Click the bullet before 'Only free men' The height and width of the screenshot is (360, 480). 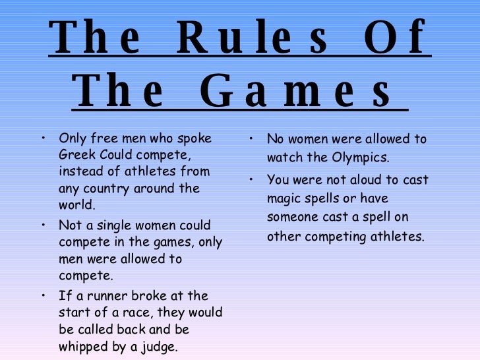42,138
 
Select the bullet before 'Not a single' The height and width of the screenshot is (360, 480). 42,225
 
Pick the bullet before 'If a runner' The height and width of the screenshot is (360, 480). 42,295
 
